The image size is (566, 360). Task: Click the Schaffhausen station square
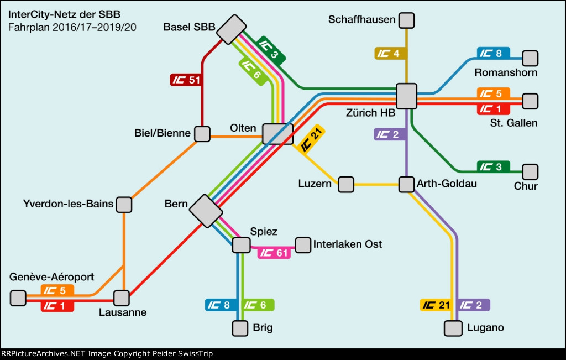click(x=406, y=20)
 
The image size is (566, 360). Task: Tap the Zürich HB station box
click(x=407, y=96)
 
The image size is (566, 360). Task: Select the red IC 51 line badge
click(x=185, y=80)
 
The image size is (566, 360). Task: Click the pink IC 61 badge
click(x=274, y=253)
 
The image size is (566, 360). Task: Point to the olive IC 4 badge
click(x=390, y=54)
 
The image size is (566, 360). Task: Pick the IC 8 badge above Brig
click(x=221, y=304)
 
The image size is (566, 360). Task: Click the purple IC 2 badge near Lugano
click(x=474, y=304)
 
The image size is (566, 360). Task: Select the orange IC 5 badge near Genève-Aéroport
click(x=57, y=290)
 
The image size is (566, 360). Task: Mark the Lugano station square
click(x=453, y=328)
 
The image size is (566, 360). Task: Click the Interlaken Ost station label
click(x=348, y=244)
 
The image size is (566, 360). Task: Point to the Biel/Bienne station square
click(x=202, y=134)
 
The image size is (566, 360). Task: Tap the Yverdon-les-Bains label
click(x=69, y=204)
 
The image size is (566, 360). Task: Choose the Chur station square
click(x=530, y=171)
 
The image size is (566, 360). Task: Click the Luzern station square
click(x=346, y=184)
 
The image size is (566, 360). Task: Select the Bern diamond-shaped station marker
click(x=206, y=210)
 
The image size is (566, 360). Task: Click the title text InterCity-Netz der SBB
click(x=64, y=14)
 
